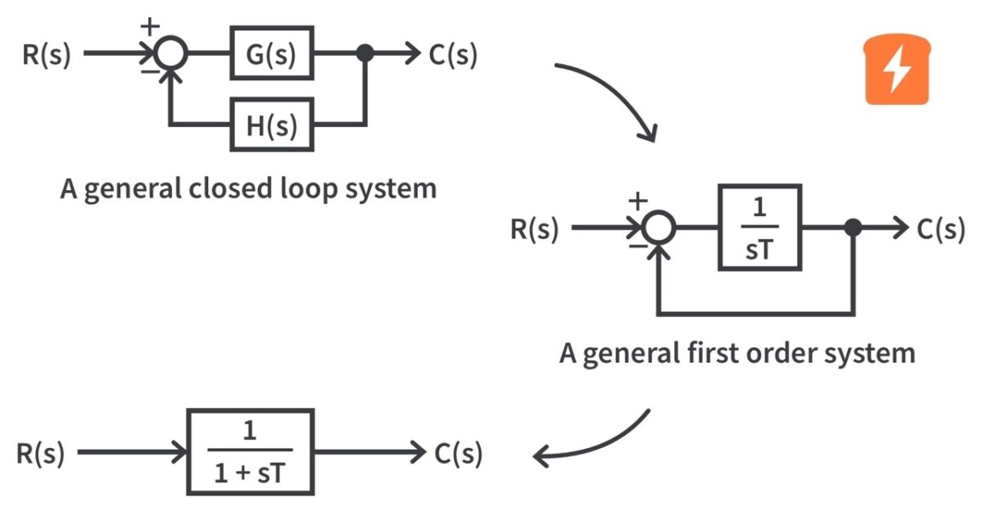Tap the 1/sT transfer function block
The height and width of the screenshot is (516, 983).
tap(759, 228)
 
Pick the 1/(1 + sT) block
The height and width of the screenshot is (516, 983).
tap(250, 451)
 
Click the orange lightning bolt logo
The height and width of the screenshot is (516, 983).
tap(899, 74)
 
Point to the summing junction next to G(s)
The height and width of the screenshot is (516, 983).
tap(171, 54)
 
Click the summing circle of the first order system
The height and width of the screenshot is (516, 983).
tap(659, 228)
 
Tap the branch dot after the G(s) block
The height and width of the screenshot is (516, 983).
tap(365, 54)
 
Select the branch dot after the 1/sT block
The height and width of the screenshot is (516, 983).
tap(853, 228)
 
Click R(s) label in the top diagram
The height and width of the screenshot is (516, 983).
tap(47, 55)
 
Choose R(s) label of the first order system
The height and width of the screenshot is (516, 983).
tap(535, 229)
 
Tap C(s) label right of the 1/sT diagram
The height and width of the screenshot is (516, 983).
tap(940, 229)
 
